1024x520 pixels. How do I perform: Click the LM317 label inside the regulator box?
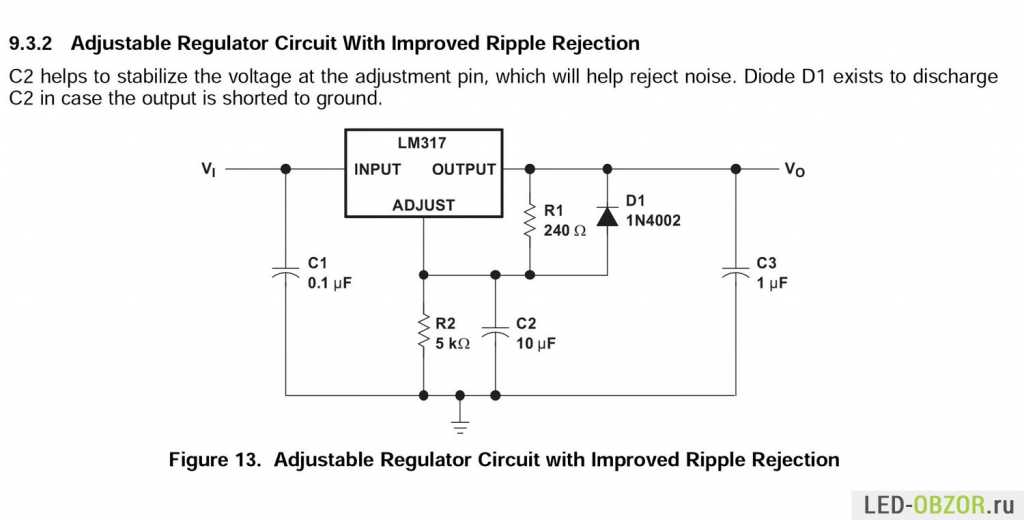[422, 143]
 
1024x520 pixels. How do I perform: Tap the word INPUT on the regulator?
[377, 170]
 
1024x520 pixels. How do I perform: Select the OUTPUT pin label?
[464, 170]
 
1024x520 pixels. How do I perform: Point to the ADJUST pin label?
[423, 205]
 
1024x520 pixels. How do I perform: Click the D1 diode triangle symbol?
[607, 216]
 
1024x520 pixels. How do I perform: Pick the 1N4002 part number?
[653, 221]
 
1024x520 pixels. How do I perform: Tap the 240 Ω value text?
[565, 230]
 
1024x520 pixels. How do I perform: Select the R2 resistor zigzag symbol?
[423, 334]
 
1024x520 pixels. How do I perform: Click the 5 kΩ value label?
[453, 343]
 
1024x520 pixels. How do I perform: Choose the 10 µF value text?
[536, 344]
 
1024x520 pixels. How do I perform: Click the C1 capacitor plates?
[285, 272]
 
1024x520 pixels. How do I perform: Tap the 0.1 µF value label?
[330, 284]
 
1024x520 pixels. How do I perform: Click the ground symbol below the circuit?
[460, 428]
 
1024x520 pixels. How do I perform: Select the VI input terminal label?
[208, 169]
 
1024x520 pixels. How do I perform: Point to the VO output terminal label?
[795, 170]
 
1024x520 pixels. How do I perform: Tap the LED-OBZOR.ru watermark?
[938, 504]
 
